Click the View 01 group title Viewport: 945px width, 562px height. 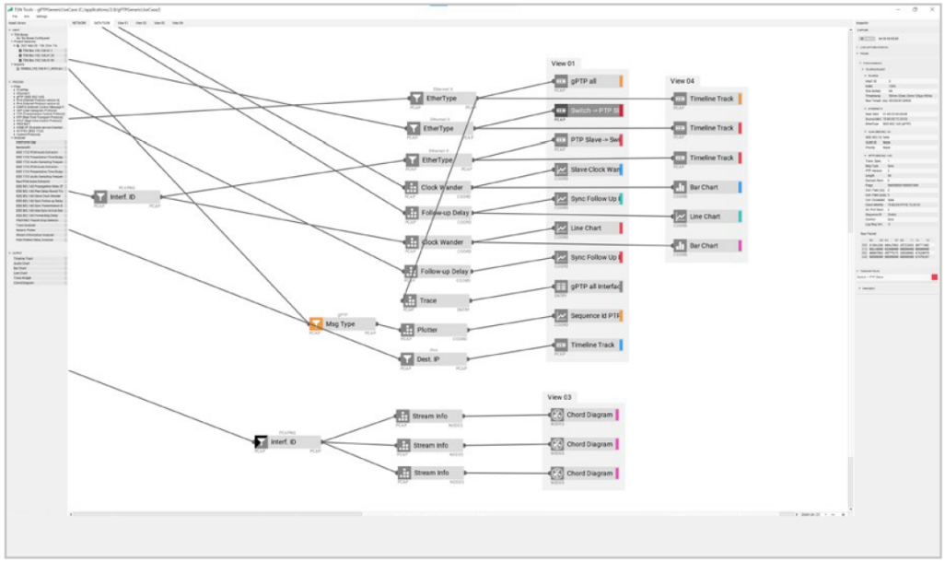click(563, 63)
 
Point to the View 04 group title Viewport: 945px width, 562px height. click(682, 81)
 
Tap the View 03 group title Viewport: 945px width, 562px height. click(560, 397)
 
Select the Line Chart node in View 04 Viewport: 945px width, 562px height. click(706, 217)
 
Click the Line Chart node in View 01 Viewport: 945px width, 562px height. click(588, 228)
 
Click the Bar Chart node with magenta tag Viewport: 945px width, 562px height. click(706, 246)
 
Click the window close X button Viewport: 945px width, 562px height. click(931, 8)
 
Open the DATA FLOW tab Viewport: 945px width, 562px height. click(102, 22)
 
